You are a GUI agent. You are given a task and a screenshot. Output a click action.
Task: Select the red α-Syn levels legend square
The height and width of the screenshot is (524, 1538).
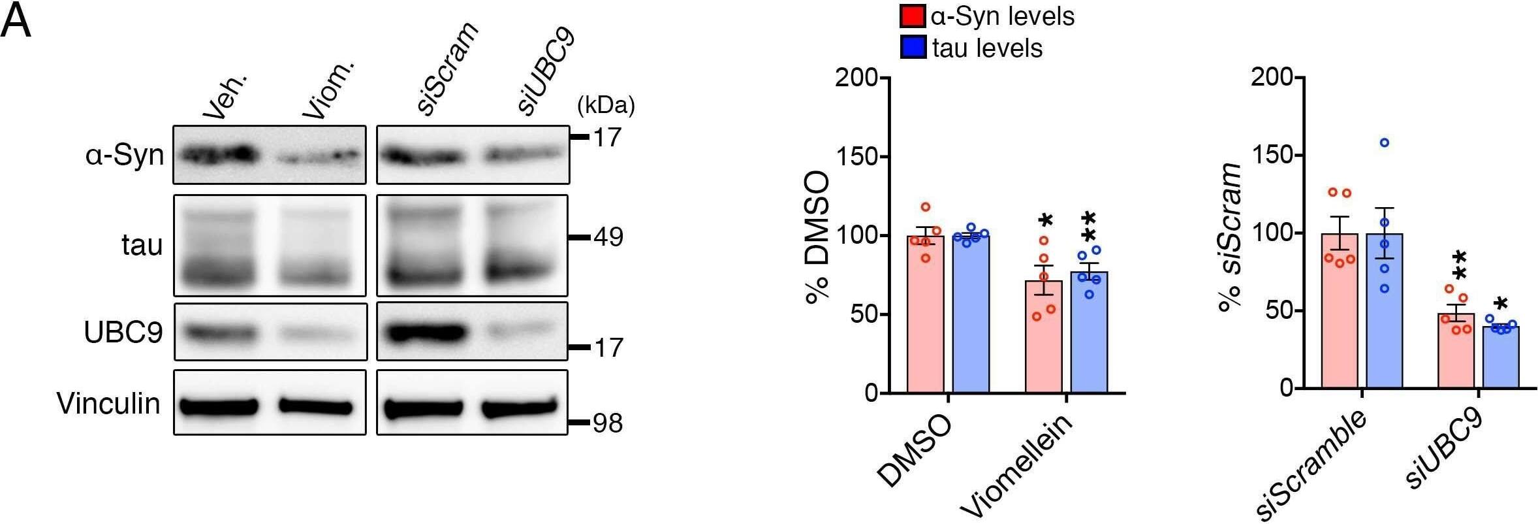[x=912, y=16]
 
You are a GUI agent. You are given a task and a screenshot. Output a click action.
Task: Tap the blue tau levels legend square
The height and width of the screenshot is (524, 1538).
[x=912, y=48]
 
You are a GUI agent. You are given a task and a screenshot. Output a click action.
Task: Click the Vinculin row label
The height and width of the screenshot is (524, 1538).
[x=108, y=403]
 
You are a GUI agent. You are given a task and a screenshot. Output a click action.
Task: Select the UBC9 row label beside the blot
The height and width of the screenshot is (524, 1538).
[x=123, y=333]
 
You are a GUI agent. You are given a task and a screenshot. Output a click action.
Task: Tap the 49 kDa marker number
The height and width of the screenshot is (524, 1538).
[x=608, y=237]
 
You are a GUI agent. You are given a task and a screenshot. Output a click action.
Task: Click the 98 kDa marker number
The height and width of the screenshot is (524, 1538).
[x=608, y=424]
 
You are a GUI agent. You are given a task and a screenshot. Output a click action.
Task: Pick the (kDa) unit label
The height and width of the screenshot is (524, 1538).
[x=606, y=105]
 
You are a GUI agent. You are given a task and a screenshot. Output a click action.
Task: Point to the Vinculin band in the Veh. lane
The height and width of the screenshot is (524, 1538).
[x=219, y=406]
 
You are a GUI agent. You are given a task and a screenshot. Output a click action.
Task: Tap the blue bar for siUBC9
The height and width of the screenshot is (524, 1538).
[x=1501, y=357]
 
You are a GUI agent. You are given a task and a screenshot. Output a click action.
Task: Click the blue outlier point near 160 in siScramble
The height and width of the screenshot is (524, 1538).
[x=1384, y=142]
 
